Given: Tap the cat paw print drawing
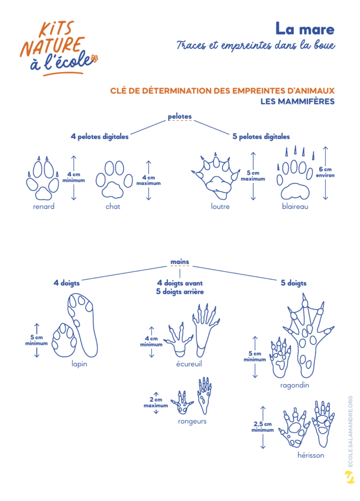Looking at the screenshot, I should pos(113,180).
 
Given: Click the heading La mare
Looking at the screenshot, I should pos(305,29).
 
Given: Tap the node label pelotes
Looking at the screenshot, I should pos(180,116).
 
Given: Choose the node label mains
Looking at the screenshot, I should pos(180,262).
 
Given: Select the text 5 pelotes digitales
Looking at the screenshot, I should pos(261,137).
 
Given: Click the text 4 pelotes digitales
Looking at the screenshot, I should pos(99,137).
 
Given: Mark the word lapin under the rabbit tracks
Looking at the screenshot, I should pos(79,364).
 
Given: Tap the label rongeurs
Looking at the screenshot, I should pos(192,422).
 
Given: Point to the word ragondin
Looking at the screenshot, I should pos(294,386).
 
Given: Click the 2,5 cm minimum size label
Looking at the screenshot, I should pos(262,427).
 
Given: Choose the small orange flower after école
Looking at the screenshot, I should pos(95,59).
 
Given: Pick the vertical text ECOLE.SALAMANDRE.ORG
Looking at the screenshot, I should pos(350,431).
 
